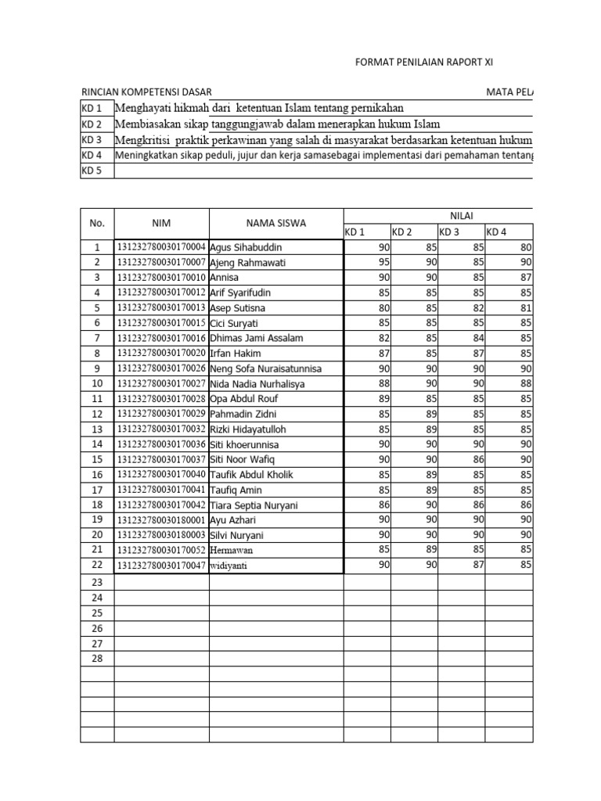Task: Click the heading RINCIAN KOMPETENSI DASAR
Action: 146,92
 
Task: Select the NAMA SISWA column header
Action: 275,224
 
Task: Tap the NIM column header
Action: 161,224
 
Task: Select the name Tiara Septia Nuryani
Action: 254,505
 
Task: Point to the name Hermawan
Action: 232,551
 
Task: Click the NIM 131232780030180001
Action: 161,520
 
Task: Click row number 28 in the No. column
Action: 97,658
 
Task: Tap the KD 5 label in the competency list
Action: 92,171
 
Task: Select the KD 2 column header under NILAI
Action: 402,232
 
